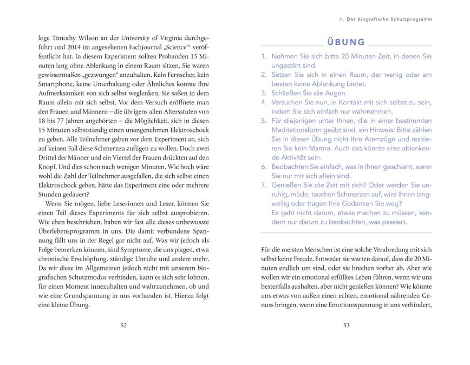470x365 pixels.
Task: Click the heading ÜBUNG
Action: click(x=345, y=42)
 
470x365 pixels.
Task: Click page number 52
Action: click(x=124, y=325)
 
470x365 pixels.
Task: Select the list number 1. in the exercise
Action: click(x=264, y=56)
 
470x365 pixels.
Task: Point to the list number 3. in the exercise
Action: click(x=264, y=92)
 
